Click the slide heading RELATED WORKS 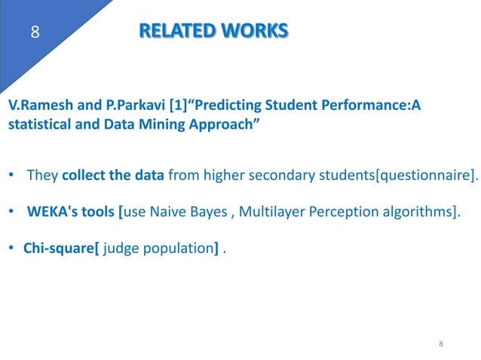point(213,31)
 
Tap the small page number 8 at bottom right point(441,343)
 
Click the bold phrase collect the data point(113,176)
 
